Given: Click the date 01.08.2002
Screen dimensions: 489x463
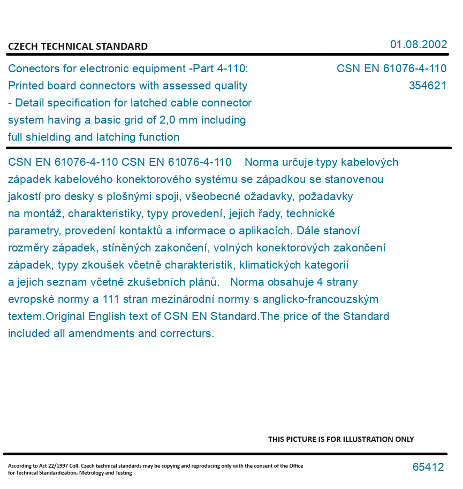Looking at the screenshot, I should pyautogui.click(x=418, y=44).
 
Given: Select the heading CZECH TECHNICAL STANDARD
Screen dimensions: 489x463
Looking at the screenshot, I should pyautogui.click(x=78, y=47).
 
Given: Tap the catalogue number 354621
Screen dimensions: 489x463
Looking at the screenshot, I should pyautogui.click(x=427, y=86).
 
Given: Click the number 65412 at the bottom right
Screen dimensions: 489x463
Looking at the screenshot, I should pyautogui.click(x=428, y=467).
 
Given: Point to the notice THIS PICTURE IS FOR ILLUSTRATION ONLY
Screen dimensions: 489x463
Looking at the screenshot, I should pyautogui.click(x=341, y=439).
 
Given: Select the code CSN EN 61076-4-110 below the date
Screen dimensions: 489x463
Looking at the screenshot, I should pyautogui.click(x=391, y=68).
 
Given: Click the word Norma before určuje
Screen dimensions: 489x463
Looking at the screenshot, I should pyautogui.click(x=261, y=162).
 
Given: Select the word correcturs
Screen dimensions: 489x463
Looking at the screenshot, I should pyautogui.click(x=188, y=333).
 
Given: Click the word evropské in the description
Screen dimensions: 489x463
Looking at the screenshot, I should pyautogui.click(x=29, y=299).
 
